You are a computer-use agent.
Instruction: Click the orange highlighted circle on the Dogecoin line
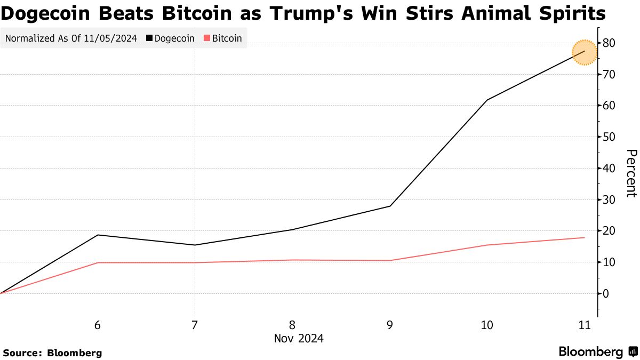click(585, 52)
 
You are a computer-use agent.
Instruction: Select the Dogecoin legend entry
click(171, 38)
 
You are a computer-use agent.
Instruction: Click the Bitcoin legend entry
click(223, 38)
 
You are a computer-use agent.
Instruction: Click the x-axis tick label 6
click(98, 325)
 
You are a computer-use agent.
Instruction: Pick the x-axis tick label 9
click(390, 325)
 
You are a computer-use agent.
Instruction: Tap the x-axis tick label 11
click(585, 325)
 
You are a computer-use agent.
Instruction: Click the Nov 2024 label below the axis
click(299, 339)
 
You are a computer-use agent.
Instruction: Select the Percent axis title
click(630, 173)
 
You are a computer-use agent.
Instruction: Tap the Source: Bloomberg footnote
click(52, 353)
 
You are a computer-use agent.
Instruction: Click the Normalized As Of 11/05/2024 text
click(71, 38)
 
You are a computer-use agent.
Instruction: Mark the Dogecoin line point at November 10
click(487, 100)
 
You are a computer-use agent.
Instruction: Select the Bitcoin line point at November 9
click(390, 260)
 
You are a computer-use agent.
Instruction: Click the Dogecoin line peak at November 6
click(98, 235)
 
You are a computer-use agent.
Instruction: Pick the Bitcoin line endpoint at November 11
click(585, 237)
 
